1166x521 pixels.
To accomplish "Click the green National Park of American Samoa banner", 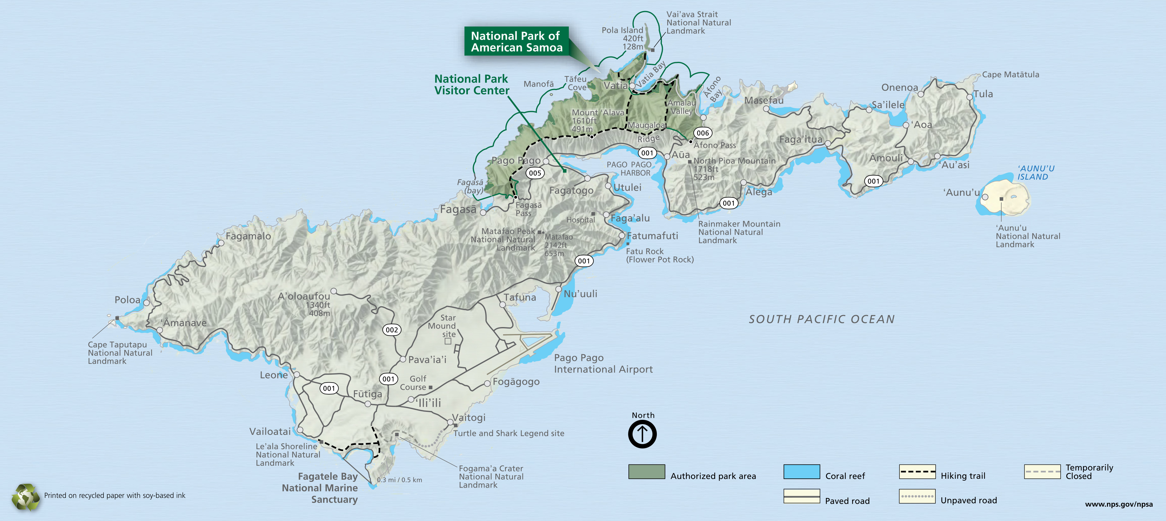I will coord(516,41).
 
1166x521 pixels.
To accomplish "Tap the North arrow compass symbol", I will coord(642,434).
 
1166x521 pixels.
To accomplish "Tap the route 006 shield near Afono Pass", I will coord(703,133).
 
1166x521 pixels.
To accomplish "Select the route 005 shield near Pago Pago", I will coord(535,173).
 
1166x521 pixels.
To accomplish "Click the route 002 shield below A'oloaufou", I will coord(392,330).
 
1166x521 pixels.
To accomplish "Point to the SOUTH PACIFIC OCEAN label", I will coord(821,319).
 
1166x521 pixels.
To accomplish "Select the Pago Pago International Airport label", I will coord(603,364).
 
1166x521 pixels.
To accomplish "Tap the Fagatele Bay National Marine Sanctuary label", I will coord(320,488).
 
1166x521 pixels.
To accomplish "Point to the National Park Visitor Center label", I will coord(471,85).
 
